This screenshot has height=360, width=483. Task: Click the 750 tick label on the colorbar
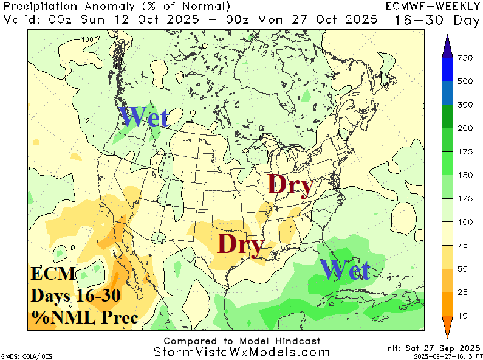click(465, 58)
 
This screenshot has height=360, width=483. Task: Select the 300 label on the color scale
click(465, 105)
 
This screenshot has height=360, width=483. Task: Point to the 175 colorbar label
click(465, 151)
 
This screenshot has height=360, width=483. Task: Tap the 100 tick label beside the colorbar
click(465, 222)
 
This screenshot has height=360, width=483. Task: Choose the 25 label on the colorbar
click(463, 292)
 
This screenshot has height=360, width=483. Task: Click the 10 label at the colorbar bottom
click(463, 316)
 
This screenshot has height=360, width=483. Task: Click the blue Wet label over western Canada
click(143, 117)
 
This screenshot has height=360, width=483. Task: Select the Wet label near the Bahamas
click(344, 269)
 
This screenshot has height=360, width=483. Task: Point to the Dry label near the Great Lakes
click(290, 185)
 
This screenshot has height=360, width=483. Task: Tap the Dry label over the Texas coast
click(240, 244)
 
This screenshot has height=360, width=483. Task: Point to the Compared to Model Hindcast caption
click(242, 341)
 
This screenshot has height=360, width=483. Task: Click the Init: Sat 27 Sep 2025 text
click(432, 348)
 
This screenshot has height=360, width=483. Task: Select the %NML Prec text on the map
click(85, 317)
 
